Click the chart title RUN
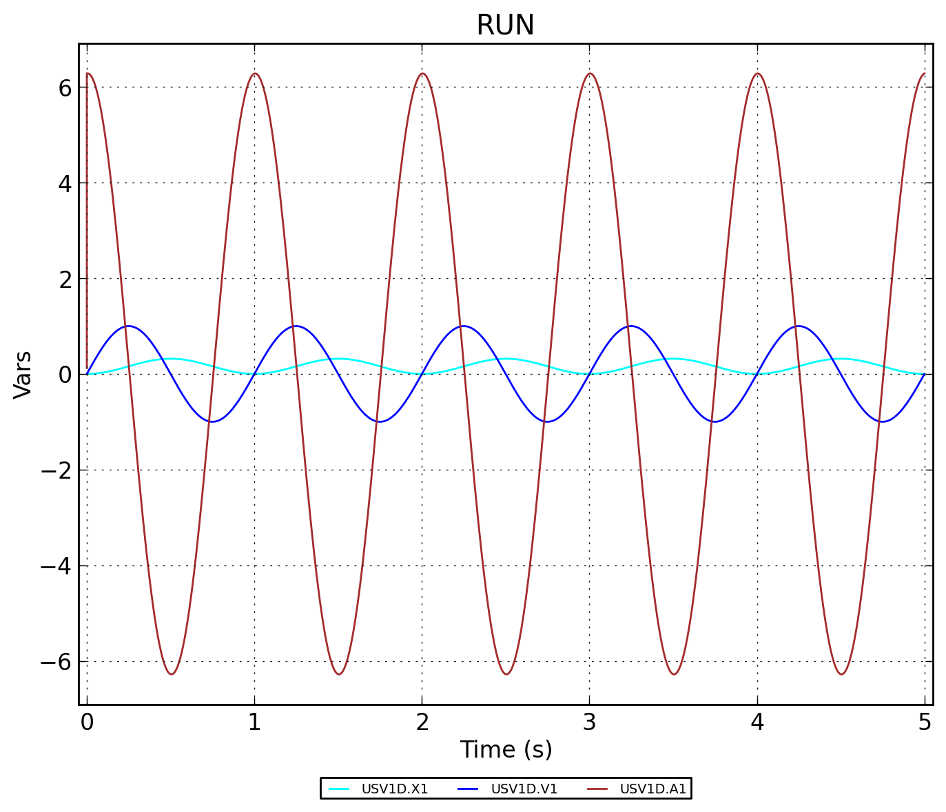click(505, 26)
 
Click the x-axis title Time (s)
click(506, 749)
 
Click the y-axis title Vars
click(23, 374)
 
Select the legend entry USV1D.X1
click(394, 789)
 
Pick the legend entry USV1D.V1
click(524, 789)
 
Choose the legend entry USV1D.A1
click(653, 789)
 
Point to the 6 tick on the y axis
click(65, 88)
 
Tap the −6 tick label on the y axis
click(57, 662)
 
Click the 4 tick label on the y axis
click(65, 184)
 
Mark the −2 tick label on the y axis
click(57, 470)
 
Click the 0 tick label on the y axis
click(65, 375)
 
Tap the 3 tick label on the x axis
click(589, 722)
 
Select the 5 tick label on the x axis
click(925, 722)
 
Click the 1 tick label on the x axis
click(254, 722)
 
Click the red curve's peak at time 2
click(422, 74)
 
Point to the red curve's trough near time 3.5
click(673, 674)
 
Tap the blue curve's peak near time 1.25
click(296, 326)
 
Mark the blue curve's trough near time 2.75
click(547, 421)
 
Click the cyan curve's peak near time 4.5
click(841, 359)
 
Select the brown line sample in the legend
click(597, 789)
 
